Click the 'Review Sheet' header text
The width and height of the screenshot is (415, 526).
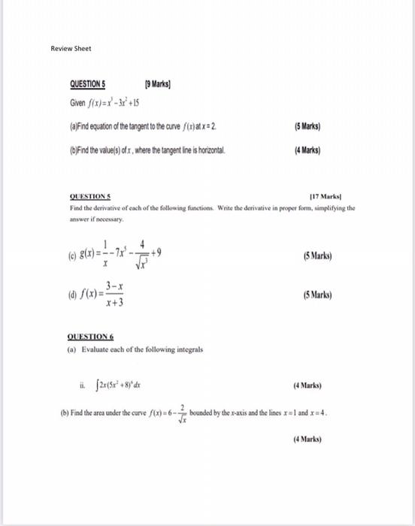coord(71,49)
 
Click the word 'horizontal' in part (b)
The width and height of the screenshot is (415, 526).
coord(209,150)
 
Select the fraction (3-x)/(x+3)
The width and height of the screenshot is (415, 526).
coord(114,294)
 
